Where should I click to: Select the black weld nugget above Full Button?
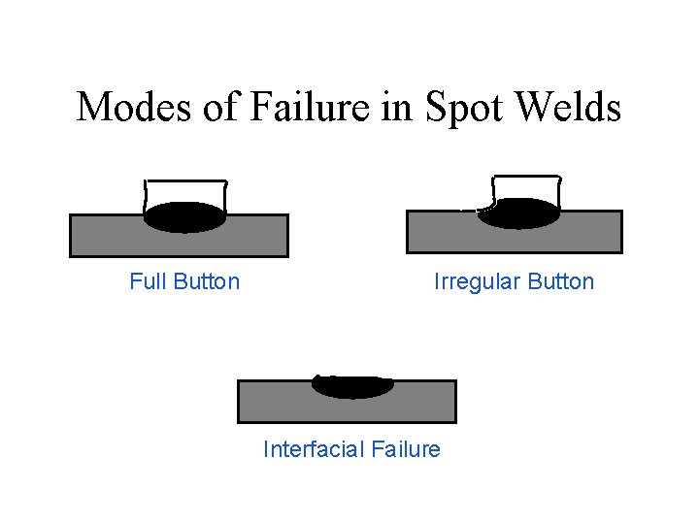pos(184,217)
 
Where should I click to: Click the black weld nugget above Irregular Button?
pos(519,213)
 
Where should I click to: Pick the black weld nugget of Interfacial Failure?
pos(352,385)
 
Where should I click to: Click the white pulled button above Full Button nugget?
pos(184,192)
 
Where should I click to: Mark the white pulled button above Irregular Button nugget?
pos(527,186)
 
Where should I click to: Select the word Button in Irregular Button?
pos(561,282)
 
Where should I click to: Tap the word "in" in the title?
pos(397,107)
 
